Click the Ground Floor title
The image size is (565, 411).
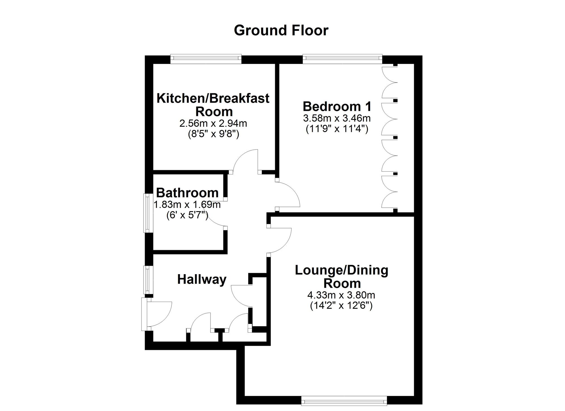tap(281, 31)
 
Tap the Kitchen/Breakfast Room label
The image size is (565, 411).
tap(213, 105)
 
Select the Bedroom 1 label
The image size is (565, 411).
tap(337, 107)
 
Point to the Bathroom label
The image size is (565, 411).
tap(187, 193)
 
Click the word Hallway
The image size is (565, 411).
tap(202, 279)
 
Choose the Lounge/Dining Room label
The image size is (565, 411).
tap(342, 276)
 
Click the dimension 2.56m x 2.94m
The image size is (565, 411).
tap(213, 123)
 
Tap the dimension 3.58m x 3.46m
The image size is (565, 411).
tap(337, 118)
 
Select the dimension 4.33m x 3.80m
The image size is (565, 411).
tap(341, 295)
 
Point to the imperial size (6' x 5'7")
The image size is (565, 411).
tap(187, 215)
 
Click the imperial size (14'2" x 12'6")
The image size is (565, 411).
tap(341, 306)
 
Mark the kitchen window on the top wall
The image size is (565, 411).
tap(206, 59)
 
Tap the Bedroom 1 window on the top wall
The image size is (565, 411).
tap(342, 59)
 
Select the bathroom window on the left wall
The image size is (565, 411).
tap(147, 213)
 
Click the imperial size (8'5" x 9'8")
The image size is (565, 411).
tap(214, 134)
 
